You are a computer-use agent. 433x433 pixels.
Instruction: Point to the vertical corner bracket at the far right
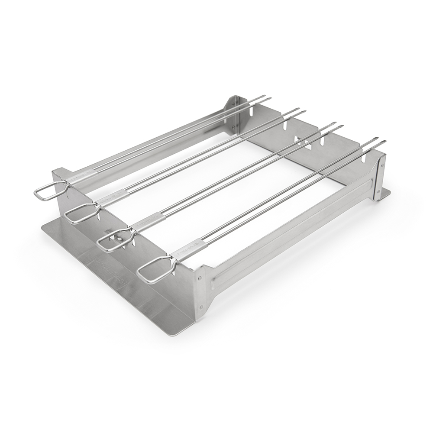click(x=380, y=178)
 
